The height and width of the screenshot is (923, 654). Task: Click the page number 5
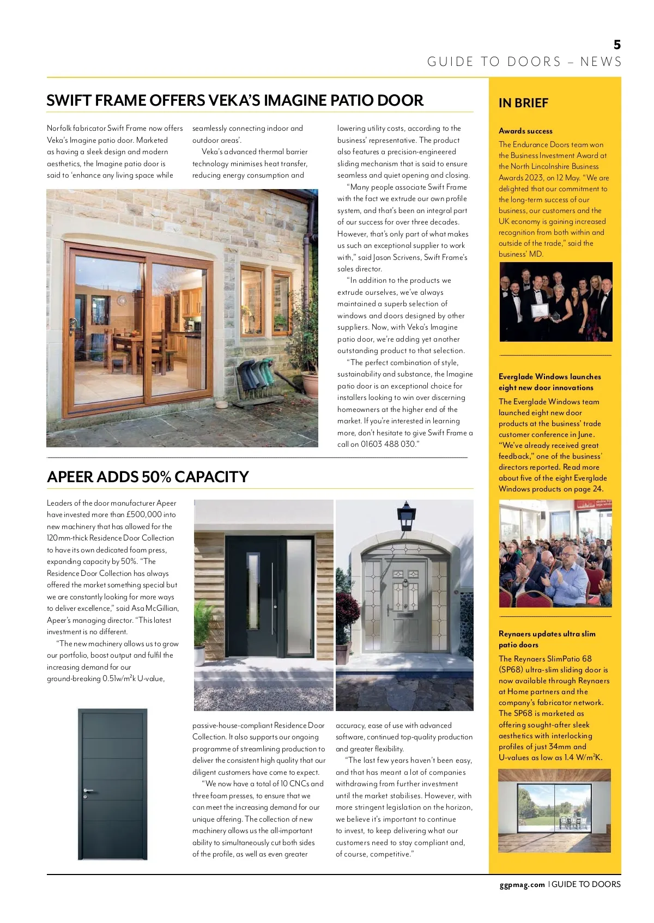(x=617, y=45)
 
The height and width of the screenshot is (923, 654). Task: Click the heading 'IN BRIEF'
(x=523, y=103)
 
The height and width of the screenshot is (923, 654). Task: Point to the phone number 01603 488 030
(x=387, y=444)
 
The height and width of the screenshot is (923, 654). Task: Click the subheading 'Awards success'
(x=525, y=131)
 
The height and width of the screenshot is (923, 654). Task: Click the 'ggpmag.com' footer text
(x=522, y=884)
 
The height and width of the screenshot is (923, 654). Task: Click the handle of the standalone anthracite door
(x=87, y=791)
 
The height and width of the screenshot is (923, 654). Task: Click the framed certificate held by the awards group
(x=539, y=310)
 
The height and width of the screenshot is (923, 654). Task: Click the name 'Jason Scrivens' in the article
(x=397, y=257)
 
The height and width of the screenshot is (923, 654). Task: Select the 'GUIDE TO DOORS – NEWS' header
(x=524, y=62)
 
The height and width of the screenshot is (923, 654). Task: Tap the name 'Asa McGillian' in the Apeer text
(x=154, y=608)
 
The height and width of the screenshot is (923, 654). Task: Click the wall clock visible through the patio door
(x=122, y=300)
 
